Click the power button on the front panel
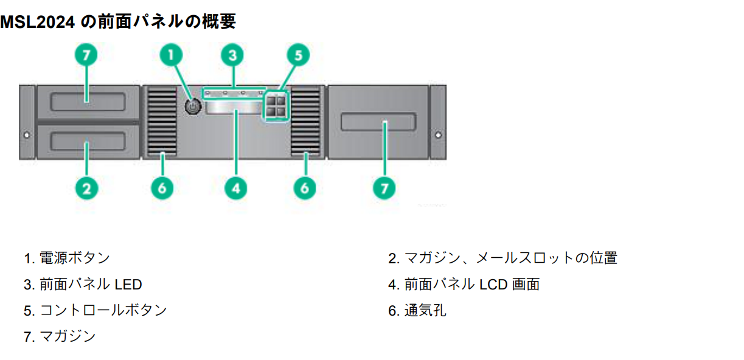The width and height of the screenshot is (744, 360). click(x=192, y=107)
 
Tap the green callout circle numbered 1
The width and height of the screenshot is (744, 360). click(x=172, y=55)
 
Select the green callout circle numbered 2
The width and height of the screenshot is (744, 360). click(x=86, y=187)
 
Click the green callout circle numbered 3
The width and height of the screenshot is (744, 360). click(x=232, y=55)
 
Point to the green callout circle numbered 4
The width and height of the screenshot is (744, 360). click(x=235, y=187)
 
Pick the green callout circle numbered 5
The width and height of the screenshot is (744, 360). click(x=297, y=55)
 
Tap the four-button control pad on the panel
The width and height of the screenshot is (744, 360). click(x=275, y=107)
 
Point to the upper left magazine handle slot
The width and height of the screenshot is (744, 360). click(x=88, y=102)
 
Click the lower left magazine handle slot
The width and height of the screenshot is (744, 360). click(x=88, y=143)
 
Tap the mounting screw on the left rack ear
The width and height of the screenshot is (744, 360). click(x=26, y=134)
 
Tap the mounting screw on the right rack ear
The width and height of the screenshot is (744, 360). click(x=438, y=134)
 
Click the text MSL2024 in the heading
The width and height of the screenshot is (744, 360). click(x=37, y=22)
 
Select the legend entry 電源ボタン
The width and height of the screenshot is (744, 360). click(x=74, y=258)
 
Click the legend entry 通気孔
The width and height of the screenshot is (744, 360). click(x=425, y=311)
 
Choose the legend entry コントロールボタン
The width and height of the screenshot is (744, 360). click(x=103, y=310)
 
